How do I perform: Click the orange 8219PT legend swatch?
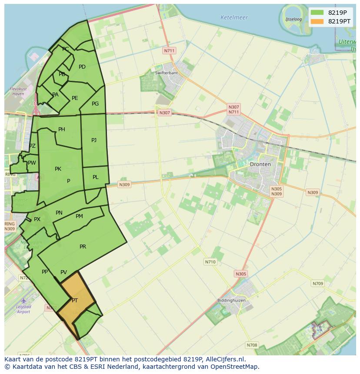point(317,21)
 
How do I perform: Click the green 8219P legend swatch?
point(317,12)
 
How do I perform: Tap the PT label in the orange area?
point(75,301)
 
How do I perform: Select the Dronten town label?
point(260,164)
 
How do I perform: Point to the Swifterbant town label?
point(167,73)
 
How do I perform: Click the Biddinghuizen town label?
point(231,301)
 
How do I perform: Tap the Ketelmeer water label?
point(234,18)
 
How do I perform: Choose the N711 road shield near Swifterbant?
point(169,51)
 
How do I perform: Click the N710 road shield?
point(210,262)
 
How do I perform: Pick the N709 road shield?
point(318,284)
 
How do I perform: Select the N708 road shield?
point(252,345)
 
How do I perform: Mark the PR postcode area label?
point(83,247)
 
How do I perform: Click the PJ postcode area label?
point(94,140)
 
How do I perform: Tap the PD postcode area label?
point(82,67)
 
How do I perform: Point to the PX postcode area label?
point(37,219)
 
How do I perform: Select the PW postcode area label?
point(32,163)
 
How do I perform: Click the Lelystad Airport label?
point(23,309)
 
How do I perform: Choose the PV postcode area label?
point(64,272)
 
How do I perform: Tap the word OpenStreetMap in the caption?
point(235,367)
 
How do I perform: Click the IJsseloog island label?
point(294,20)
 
